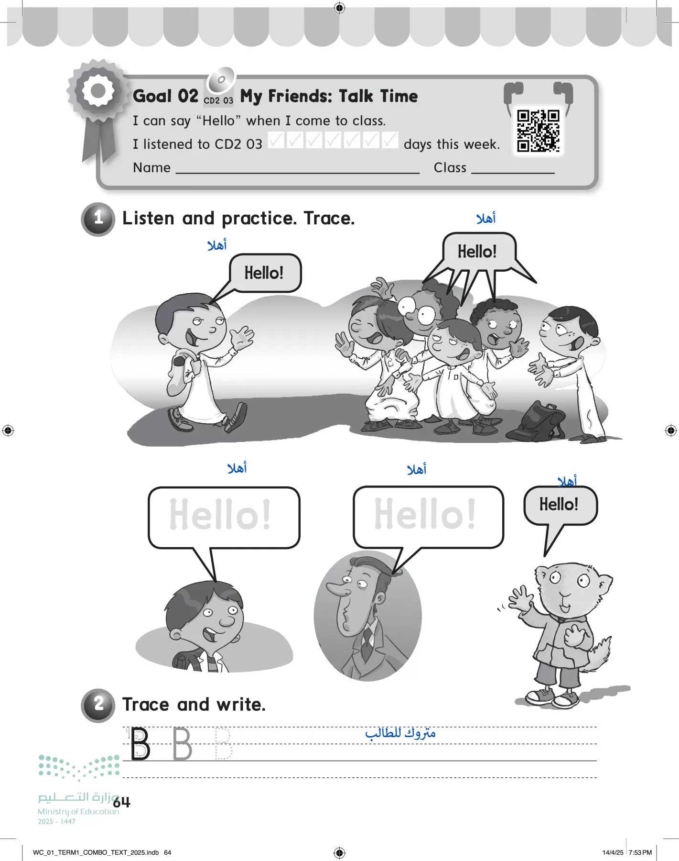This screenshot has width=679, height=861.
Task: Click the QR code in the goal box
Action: [x=538, y=131]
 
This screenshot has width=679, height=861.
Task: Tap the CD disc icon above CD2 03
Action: [x=221, y=80]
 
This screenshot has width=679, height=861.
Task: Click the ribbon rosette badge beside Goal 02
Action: [x=98, y=91]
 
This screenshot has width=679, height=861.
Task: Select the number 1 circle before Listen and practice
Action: [x=98, y=219]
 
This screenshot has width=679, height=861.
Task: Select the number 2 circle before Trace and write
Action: [x=98, y=705]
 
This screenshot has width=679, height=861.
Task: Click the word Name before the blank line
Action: [x=151, y=168]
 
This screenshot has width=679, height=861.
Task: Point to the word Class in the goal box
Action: [x=450, y=168]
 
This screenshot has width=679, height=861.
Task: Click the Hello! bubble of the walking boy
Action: [x=265, y=273]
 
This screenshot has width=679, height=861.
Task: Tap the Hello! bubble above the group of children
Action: [x=477, y=252]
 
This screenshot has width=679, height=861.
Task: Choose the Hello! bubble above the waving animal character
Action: [x=559, y=505]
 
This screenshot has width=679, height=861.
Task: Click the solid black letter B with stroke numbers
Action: [x=140, y=744]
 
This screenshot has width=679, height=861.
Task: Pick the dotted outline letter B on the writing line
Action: [x=223, y=744]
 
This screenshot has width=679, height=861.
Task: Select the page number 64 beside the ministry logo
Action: [x=122, y=802]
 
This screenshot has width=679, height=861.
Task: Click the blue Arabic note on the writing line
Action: [x=400, y=733]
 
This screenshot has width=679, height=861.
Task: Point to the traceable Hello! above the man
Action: [x=425, y=514]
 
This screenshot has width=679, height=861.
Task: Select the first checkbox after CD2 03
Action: [x=276, y=140]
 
